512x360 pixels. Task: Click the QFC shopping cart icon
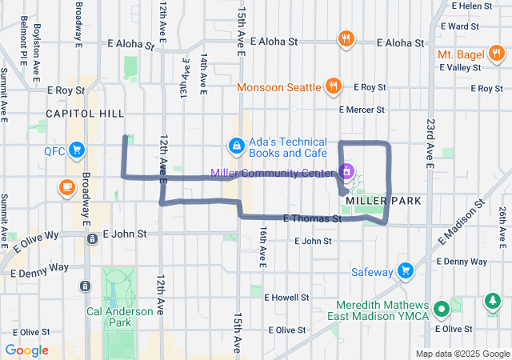(x=78, y=150)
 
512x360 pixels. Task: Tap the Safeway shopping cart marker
(x=406, y=271)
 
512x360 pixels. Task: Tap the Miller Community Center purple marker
(x=346, y=171)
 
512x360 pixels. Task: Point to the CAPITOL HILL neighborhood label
(x=86, y=114)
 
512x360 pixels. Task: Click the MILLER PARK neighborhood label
(x=378, y=199)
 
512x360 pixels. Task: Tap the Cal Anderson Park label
(x=119, y=316)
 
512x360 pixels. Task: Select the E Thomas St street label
(x=314, y=218)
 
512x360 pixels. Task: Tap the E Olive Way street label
(x=35, y=236)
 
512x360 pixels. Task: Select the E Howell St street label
(x=286, y=297)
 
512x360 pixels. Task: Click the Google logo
(x=26, y=350)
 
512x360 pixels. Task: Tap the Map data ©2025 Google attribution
(x=462, y=354)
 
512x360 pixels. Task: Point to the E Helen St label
(x=476, y=6)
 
